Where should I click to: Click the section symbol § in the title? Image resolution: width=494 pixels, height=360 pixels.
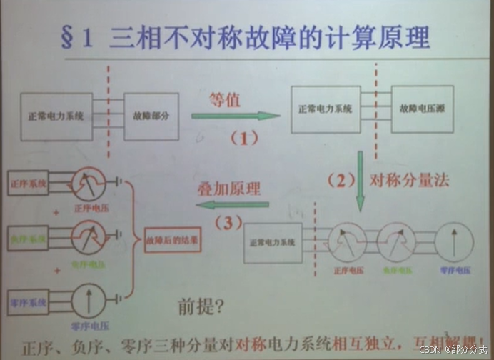[67, 36]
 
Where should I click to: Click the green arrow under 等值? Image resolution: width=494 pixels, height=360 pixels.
[235, 116]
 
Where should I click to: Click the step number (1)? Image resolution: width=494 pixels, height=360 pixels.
[243, 139]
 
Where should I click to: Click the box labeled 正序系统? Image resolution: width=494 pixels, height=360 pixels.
[29, 184]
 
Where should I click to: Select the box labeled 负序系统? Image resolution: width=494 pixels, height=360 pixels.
[29, 236]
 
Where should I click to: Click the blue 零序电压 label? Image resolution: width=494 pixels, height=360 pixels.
[454, 271]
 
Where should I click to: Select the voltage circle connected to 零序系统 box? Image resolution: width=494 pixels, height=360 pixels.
[89, 300]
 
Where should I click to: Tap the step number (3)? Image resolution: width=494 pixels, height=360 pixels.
[228, 223]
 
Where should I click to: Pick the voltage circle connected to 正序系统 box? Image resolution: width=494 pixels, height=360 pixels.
[89, 184]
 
